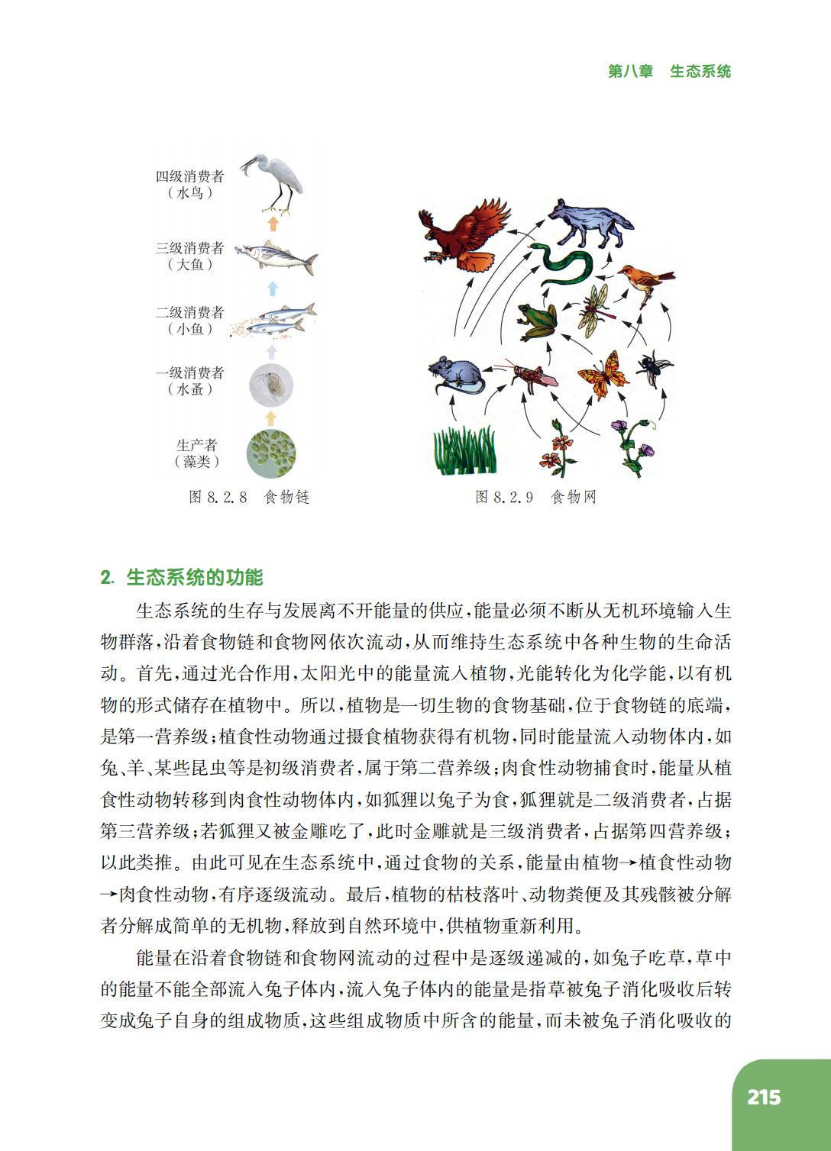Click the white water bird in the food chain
[x=276, y=183]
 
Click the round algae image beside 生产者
[x=271, y=453]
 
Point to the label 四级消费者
[x=190, y=176]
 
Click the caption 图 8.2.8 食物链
[x=249, y=498]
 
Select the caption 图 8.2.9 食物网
[x=535, y=498]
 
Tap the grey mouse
[x=455, y=375]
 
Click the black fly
[x=655, y=367]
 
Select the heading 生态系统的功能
[x=194, y=578]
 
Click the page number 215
[x=764, y=1097]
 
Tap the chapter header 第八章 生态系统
[x=669, y=71]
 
